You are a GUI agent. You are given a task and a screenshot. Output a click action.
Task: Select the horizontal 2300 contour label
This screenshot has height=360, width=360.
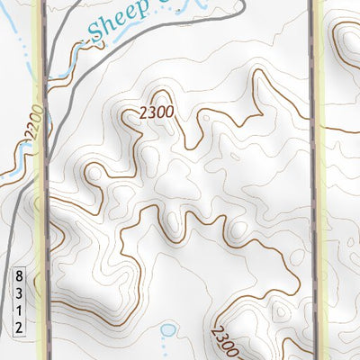pyautogui.click(x=156, y=112)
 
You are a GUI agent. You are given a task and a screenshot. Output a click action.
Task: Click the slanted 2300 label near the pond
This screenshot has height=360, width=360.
pyautogui.click(x=224, y=341)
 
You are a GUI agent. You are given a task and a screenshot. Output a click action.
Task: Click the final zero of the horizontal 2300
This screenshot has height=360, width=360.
pyautogui.click(x=168, y=112)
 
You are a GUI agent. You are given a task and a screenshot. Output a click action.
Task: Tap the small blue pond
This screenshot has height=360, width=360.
pyautogui.click(x=167, y=329)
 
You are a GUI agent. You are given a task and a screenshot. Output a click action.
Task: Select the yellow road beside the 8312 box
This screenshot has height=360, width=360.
pyautogui.click(x=40, y=297)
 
